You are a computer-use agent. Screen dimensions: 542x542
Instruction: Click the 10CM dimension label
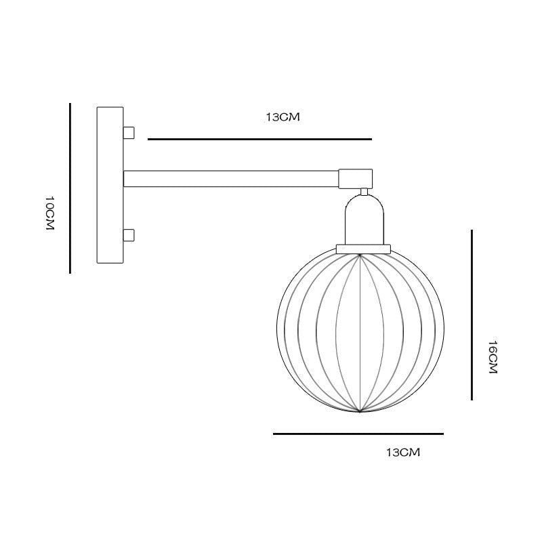[49, 214]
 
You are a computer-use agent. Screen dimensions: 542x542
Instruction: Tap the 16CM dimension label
[493, 358]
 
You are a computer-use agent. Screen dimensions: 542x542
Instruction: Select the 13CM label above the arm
[282, 117]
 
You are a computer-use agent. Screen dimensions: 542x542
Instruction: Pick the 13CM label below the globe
[402, 452]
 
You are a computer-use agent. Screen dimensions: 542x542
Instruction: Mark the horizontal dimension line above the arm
[259, 139]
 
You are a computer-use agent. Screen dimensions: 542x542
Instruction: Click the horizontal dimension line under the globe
[358, 434]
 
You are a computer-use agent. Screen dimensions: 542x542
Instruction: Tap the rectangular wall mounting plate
[110, 185]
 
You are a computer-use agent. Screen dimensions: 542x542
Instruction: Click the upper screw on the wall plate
[129, 131]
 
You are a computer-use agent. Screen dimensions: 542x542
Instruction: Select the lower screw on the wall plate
[129, 236]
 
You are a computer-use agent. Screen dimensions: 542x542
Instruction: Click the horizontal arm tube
[230, 178]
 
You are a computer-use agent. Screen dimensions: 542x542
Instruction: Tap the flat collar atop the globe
[364, 249]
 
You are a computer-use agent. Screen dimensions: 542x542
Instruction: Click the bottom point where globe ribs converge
[360, 412]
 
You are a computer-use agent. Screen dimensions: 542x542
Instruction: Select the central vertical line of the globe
[360, 332]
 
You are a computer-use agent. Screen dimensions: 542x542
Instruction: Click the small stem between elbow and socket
[364, 191]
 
